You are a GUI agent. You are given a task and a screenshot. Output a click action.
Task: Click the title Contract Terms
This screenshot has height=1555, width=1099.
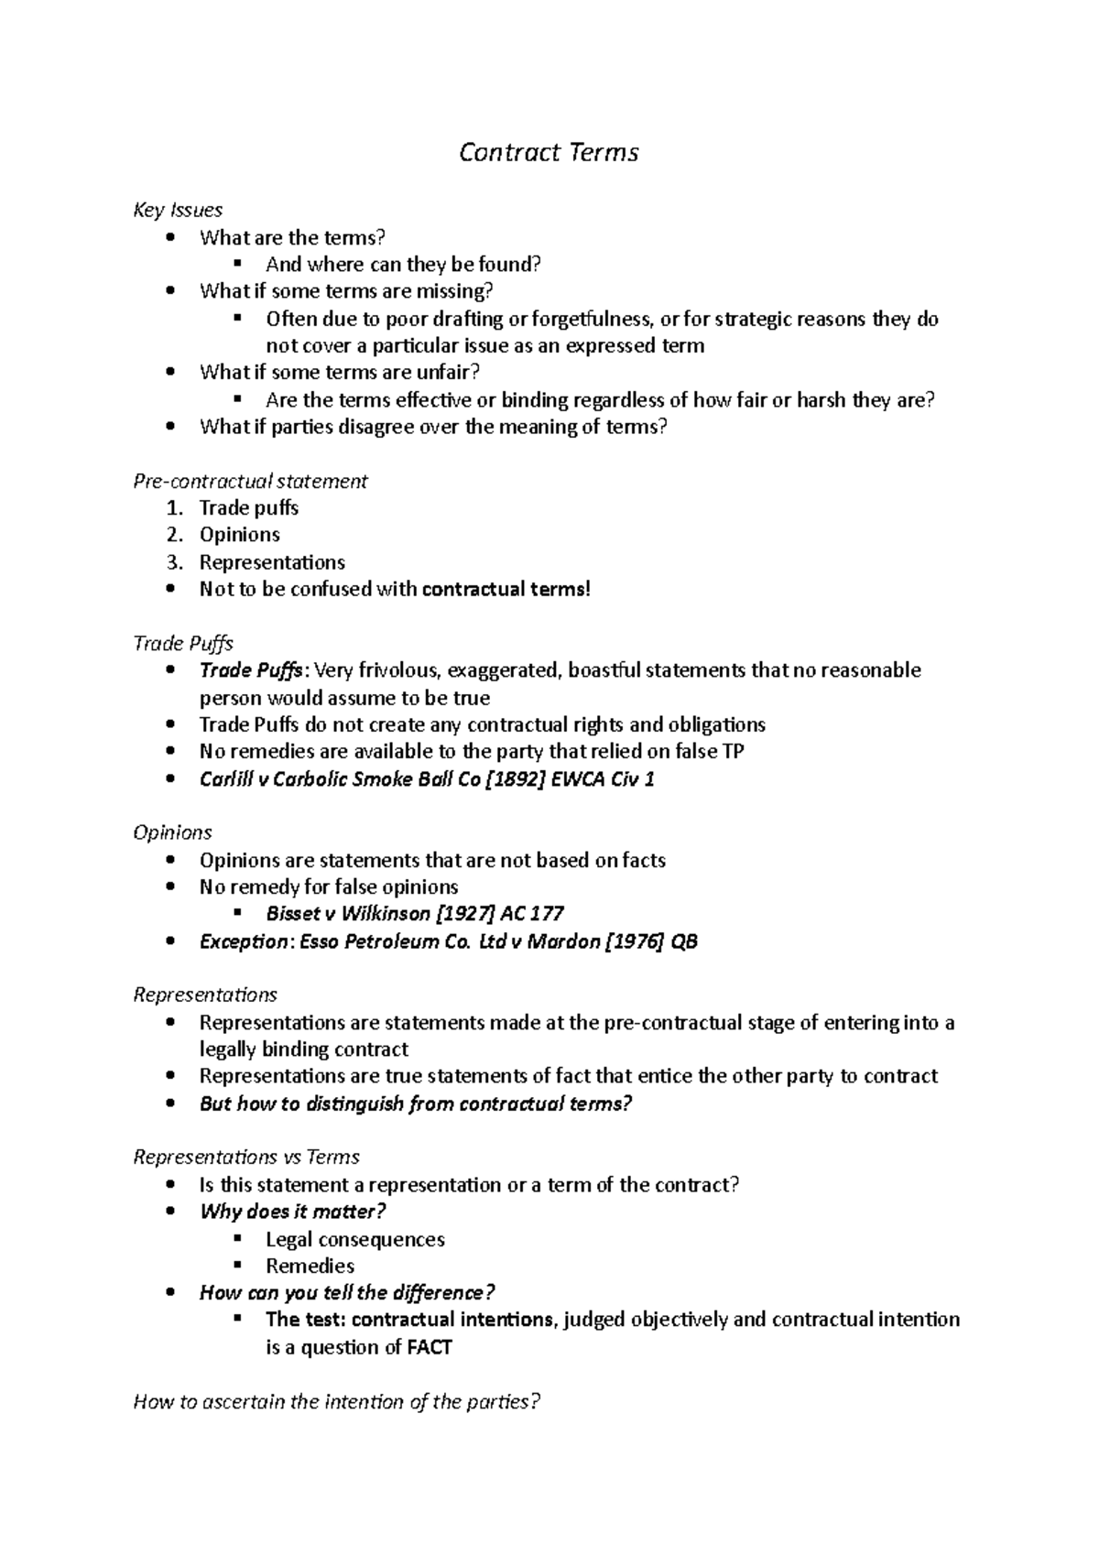point(549,152)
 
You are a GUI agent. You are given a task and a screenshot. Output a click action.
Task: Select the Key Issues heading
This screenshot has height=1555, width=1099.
point(178,211)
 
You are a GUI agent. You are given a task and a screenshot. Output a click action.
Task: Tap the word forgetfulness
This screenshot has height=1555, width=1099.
point(592,319)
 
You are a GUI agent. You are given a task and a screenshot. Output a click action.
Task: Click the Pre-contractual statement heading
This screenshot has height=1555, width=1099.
point(250,481)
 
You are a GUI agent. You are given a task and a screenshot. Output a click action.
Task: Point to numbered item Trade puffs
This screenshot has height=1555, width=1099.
point(249,508)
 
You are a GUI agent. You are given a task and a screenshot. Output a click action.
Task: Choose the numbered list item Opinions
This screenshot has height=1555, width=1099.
point(240,535)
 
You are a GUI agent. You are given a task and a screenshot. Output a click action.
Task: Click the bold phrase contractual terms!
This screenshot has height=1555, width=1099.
point(506,589)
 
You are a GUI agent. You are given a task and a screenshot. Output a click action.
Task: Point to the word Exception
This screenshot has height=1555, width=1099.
point(243,941)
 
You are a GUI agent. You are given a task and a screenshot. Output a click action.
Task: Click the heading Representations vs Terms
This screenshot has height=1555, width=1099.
point(246,1158)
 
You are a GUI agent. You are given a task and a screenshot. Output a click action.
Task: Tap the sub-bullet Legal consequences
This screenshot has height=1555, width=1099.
point(355,1240)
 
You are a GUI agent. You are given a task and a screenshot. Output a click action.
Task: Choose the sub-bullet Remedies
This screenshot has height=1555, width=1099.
point(310,1267)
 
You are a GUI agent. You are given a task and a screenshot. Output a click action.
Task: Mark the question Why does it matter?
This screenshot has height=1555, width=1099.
point(292,1212)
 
